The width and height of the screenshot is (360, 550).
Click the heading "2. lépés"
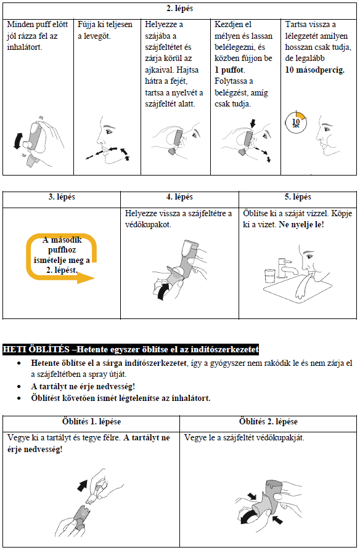[x=179, y=9]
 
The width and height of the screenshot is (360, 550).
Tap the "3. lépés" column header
[x=62, y=197]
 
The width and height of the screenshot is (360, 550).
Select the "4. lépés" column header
[x=179, y=197]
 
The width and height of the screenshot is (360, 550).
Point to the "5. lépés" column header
[x=298, y=197]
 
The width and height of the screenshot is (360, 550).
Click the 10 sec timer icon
[x=296, y=123]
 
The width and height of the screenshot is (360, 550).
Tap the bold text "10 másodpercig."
[x=315, y=70]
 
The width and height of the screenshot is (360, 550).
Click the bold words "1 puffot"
[x=229, y=70]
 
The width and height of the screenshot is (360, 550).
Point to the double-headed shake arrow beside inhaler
[x=17, y=140]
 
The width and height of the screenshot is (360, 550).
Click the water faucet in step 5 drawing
[x=287, y=268]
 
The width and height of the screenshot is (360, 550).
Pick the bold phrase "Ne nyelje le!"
[x=301, y=224]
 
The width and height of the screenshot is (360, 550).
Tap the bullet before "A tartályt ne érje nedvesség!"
[x=19, y=387]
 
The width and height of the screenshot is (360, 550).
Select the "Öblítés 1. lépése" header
[x=91, y=422]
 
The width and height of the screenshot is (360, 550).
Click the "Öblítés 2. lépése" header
[x=268, y=422]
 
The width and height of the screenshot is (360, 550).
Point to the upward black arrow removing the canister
[x=82, y=486]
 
